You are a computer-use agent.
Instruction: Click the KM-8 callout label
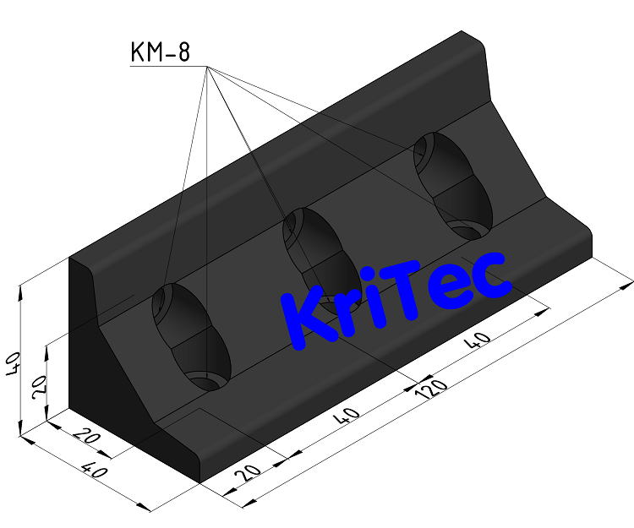click(x=159, y=53)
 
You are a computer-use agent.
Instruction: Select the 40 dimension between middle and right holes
click(x=479, y=341)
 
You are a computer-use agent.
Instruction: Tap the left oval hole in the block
click(x=191, y=337)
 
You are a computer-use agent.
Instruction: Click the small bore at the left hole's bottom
click(x=206, y=378)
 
